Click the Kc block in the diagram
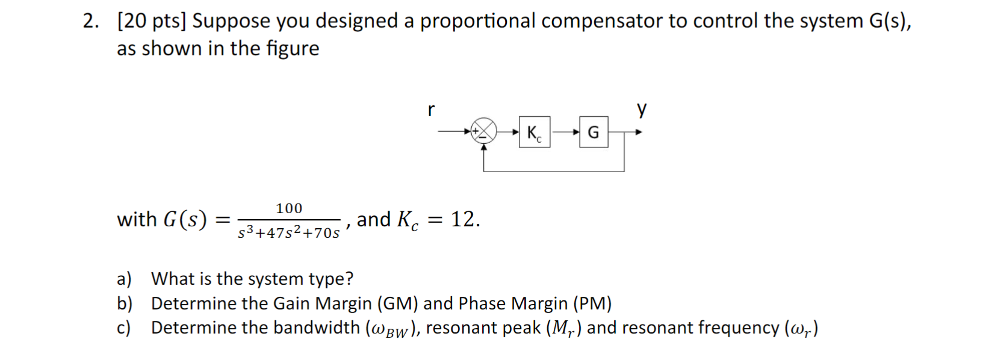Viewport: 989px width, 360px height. (x=534, y=132)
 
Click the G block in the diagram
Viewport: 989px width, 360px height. (x=594, y=132)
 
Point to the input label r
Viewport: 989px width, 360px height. (x=431, y=110)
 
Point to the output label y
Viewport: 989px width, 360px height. (x=642, y=110)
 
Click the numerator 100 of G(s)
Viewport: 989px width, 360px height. (x=289, y=208)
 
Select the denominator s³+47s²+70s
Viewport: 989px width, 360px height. (x=289, y=232)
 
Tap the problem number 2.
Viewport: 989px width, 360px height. (x=91, y=21)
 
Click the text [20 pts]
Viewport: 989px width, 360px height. (x=152, y=21)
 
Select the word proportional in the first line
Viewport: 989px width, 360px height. (x=477, y=21)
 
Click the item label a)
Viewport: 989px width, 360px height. (x=124, y=279)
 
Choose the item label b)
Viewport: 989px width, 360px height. (x=125, y=303)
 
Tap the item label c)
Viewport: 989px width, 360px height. (x=123, y=328)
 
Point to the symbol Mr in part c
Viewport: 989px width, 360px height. (x=562, y=329)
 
